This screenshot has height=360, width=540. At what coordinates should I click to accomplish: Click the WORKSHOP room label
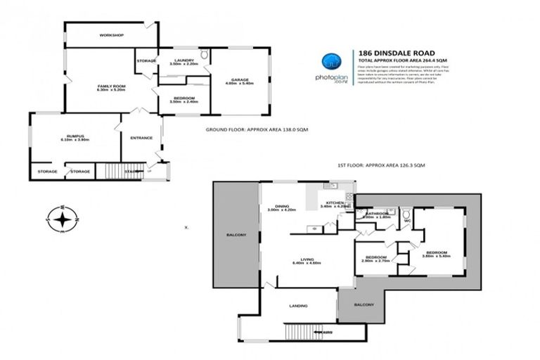click(111, 34)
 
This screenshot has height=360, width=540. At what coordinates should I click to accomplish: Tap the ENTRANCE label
click(141, 137)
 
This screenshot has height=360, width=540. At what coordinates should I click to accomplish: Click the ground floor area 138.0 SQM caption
click(257, 129)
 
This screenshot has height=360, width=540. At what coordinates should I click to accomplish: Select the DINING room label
click(281, 207)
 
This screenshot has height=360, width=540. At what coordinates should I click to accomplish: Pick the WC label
click(406, 221)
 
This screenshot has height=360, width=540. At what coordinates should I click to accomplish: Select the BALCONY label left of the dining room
click(236, 234)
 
